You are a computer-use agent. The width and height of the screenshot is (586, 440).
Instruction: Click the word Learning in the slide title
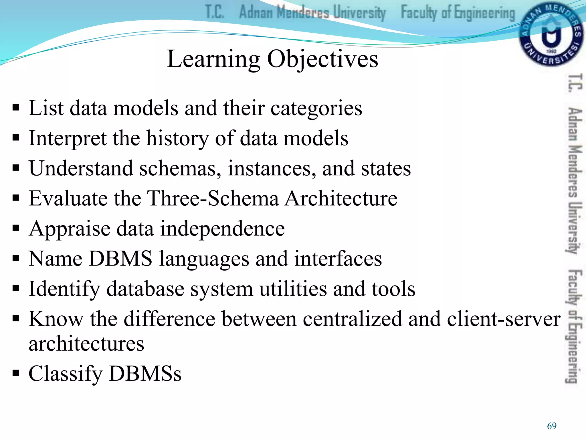tap(213, 59)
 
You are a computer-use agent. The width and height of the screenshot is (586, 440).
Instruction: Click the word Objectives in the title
tap(322, 59)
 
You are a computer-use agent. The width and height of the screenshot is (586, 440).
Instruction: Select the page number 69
tap(552, 426)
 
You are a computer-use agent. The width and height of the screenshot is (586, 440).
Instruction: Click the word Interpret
tap(68, 139)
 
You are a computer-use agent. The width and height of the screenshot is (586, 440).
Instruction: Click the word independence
tap(222, 229)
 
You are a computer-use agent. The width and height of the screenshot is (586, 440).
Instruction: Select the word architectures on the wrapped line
tap(86, 344)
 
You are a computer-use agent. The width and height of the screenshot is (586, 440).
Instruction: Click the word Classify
tap(66, 374)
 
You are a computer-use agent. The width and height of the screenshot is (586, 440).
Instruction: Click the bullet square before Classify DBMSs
tap(16, 373)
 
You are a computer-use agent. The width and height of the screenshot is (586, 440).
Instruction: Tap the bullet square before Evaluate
tap(16, 198)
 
